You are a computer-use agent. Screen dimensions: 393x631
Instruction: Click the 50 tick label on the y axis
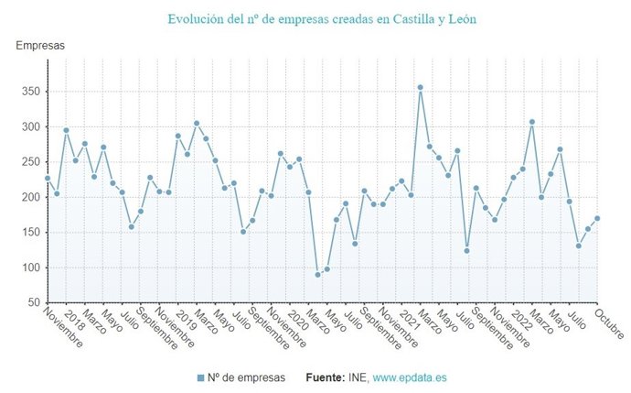pyautogui.click(x=32, y=302)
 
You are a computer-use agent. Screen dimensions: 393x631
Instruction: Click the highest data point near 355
pyautogui.click(x=420, y=88)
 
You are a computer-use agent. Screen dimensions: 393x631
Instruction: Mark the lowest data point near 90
pyautogui.click(x=317, y=274)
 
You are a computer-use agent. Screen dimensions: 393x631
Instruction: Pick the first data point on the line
pyautogui.click(x=48, y=179)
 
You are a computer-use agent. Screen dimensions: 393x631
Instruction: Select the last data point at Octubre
pyautogui.click(x=597, y=218)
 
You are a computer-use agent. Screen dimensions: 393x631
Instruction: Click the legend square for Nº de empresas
pyautogui.click(x=200, y=377)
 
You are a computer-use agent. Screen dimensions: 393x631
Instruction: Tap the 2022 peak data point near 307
pyautogui.click(x=532, y=122)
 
